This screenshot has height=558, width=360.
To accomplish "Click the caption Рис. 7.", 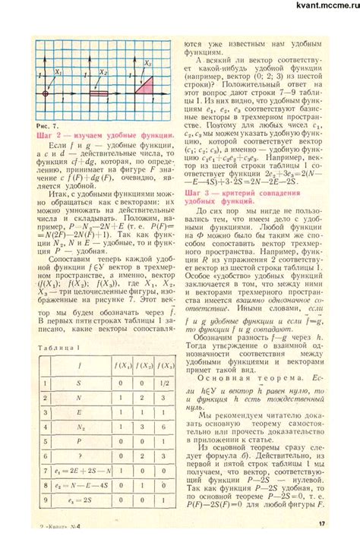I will coord(46,124).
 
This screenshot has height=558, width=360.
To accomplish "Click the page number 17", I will coord(322,544).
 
